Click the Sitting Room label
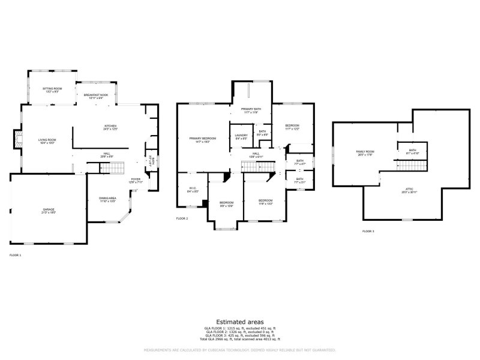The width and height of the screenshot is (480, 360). pyautogui.click(x=52, y=90)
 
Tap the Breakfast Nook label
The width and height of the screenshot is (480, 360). pyautogui.click(x=96, y=96)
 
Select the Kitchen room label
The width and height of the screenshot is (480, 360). pyautogui.click(x=110, y=127)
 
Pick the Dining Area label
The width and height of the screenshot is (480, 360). pyautogui.click(x=107, y=199)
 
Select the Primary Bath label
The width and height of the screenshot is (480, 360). pyautogui.click(x=251, y=110)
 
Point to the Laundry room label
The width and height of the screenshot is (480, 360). pyautogui.click(x=241, y=137)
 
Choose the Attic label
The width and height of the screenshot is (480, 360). pyautogui.click(x=409, y=191)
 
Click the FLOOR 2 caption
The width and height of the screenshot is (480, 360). pyautogui.click(x=182, y=218)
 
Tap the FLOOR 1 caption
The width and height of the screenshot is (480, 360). pyautogui.click(x=16, y=255)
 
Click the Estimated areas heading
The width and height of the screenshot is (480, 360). pyautogui.click(x=240, y=322)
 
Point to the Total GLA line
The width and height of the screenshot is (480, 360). pyautogui.click(x=240, y=340)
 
